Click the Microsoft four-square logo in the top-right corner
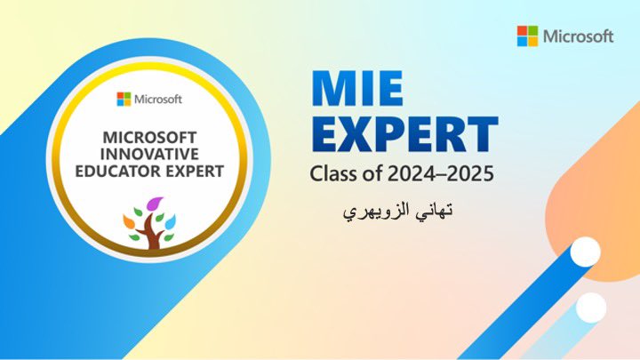click(528, 36)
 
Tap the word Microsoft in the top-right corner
click(579, 36)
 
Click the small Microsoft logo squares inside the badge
click(123, 99)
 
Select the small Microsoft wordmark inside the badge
click(157, 99)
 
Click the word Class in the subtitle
click(332, 173)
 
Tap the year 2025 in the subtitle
click(474, 173)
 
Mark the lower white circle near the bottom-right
click(590, 308)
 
